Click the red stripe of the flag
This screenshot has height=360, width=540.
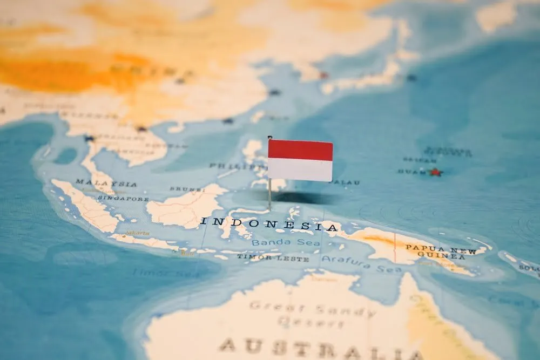pyautogui.click(x=300, y=150)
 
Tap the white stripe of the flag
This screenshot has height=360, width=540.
pyautogui.click(x=300, y=170)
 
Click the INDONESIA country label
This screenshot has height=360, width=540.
pyautogui.click(x=269, y=223)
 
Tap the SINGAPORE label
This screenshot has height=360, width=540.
pyautogui.click(x=123, y=199)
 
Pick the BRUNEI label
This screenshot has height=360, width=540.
pyautogui.click(x=187, y=189)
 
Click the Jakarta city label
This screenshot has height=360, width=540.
pyautogui.click(x=137, y=233)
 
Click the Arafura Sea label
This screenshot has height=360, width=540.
pyautogui.click(x=361, y=264)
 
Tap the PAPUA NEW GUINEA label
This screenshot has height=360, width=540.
pyautogui.click(x=441, y=252)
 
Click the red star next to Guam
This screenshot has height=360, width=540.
pyautogui.click(x=435, y=172)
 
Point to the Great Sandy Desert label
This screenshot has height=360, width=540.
pyautogui.click(x=311, y=314)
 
